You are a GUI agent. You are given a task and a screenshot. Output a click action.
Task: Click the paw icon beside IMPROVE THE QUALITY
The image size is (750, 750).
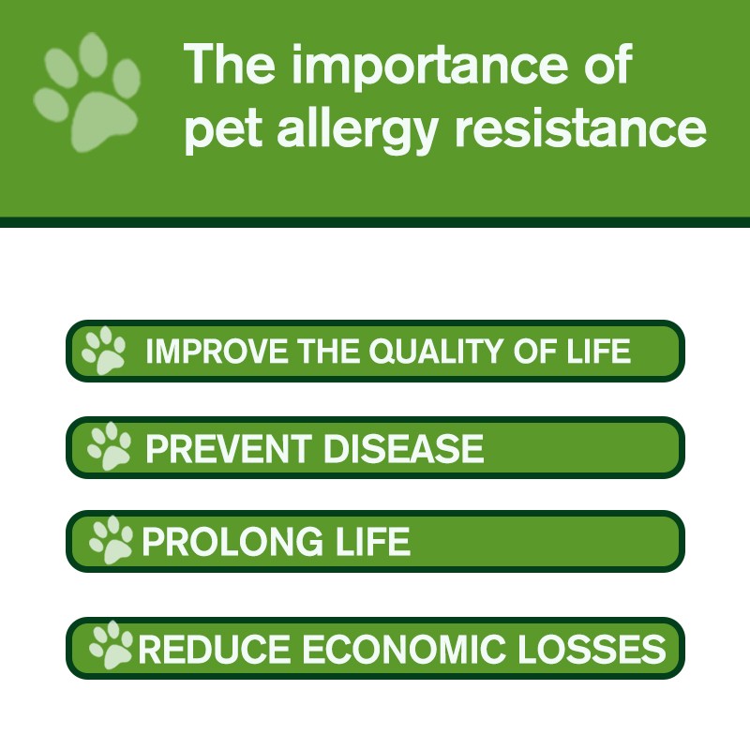tap(103, 350)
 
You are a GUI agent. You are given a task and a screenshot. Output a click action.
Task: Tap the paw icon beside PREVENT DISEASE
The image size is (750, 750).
tap(110, 446)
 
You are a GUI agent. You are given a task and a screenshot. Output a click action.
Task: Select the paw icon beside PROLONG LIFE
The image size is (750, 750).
tap(111, 540)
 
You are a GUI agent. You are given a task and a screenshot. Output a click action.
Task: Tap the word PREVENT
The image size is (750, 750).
tap(228, 449)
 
